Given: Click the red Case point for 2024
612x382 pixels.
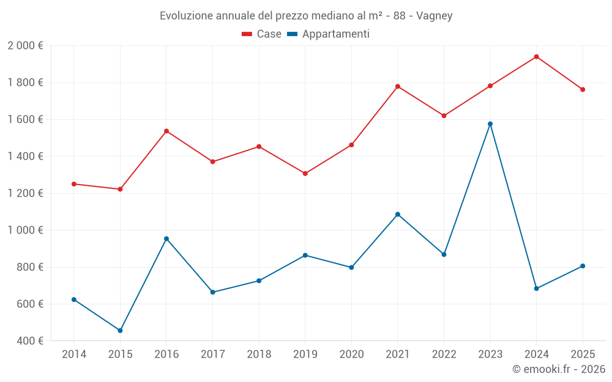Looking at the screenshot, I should [x=536, y=57].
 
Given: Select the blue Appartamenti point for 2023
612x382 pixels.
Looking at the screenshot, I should [x=490, y=124].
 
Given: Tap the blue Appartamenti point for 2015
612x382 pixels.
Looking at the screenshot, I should [x=120, y=331].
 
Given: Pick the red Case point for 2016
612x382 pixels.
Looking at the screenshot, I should [x=166, y=131].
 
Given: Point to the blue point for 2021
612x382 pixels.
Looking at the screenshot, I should [x=398, y=215].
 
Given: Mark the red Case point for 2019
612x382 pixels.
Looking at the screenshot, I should [x=305, y=174].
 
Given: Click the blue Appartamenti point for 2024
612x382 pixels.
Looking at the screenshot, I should [x=536, y=288].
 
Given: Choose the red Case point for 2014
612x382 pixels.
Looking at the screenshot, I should [x=74, y=184].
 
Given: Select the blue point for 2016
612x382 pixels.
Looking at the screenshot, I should [x=166, y=239].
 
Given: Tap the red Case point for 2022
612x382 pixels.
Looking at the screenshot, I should [x=444, y=116].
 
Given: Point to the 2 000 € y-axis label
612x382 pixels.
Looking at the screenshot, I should [x=25, y=46].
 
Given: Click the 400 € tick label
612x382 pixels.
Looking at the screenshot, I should [x=29, y=341].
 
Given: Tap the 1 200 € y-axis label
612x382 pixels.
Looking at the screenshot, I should [x=25, y=193].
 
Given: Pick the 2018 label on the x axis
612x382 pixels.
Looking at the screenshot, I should [x=259, y=354].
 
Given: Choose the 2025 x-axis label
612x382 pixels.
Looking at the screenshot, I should [x=583, y=354].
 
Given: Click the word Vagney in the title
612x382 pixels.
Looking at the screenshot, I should [x=434, y=16].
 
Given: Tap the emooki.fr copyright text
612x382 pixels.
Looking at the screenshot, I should [x=559, y=369].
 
